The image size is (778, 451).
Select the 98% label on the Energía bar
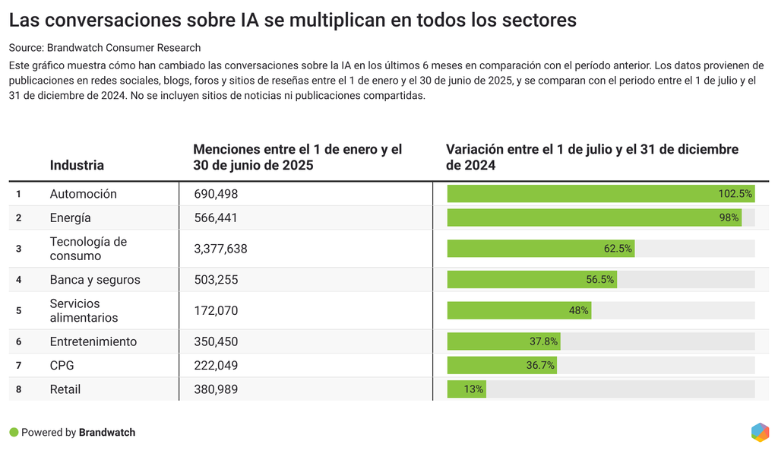(729, 218)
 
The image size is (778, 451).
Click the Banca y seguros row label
(95, 280)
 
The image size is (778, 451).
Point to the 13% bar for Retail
(466, 389)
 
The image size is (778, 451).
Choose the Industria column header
(77, 165)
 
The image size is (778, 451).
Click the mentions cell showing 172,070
(216, 310)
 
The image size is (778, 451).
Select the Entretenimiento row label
(93, 341)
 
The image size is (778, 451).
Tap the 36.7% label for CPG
(540, 366)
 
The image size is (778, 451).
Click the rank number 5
(18, 310)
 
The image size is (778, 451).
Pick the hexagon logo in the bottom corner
(760, 432)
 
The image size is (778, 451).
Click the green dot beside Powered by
(14, 432)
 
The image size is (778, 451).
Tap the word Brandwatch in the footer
(107, 433)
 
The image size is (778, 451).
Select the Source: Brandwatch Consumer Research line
(105, 48)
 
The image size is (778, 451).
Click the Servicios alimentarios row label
(84, 310)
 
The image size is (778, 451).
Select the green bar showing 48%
(518, 310)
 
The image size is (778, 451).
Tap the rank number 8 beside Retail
(18, 389)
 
